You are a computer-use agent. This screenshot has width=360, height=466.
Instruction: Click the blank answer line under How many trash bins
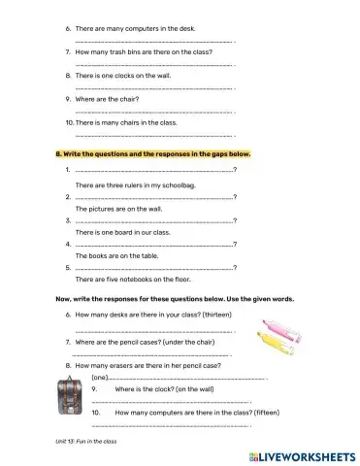pyautogui.click(x=153, y=63)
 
